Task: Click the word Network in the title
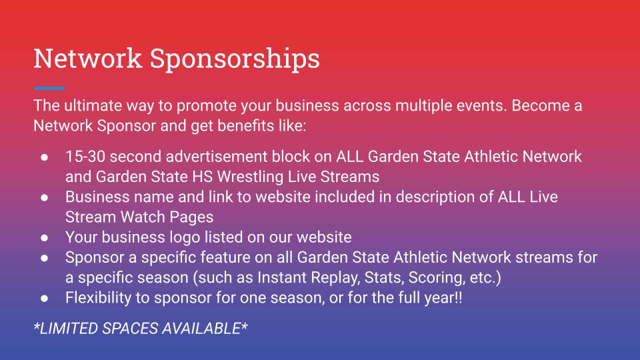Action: [88, 59]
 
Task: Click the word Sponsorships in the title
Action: [235, 60]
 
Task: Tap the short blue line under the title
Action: [49, 88]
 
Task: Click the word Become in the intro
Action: [540, 105]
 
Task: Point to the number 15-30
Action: [85, 156]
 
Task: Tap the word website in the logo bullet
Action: [324, 237]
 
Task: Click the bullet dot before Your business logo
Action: [45, 237]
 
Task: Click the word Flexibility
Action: [98, 297]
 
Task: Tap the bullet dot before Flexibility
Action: [45, 299]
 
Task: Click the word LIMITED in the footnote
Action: [68, 329]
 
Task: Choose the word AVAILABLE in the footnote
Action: [201, 329]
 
